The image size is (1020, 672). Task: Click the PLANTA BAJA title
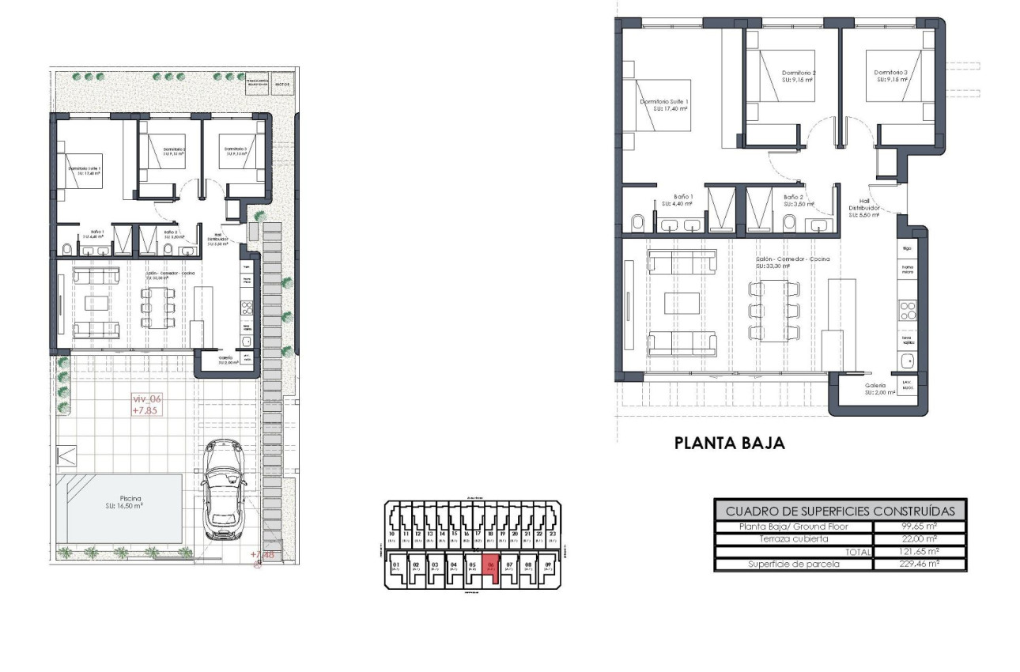729,444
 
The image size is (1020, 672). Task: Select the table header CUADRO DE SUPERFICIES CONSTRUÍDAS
840,511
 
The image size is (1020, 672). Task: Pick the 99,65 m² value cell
919,527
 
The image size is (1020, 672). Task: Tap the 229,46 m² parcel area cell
919,564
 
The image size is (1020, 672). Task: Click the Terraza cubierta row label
793,539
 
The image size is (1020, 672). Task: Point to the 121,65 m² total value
919,552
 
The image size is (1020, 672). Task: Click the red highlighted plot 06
491,567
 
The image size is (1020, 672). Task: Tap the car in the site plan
224,490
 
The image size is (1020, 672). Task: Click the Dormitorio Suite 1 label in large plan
664,104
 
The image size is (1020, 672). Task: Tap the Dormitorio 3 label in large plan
891,76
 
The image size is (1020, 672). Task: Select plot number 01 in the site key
396,566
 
